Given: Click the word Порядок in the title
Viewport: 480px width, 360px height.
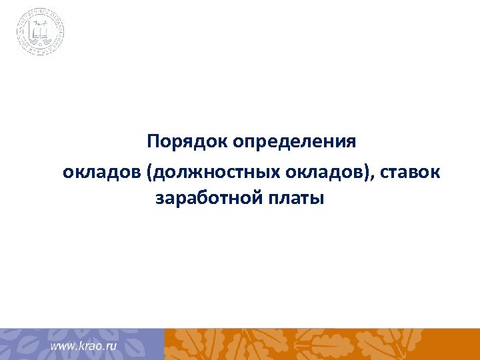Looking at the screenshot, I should pos(187,143).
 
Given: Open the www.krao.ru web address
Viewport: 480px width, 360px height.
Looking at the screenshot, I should pos(84,346).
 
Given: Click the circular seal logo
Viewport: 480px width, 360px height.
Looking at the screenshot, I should pos(41,31).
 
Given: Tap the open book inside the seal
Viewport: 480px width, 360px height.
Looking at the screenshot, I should pos(41,31).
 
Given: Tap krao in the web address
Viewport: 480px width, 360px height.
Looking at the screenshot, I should pos(90,346).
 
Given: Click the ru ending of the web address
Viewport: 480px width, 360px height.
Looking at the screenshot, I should pos(111,347).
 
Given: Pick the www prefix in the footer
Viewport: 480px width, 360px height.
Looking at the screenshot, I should pos(63,347).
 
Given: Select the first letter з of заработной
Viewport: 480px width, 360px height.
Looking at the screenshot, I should pos(160,199).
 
